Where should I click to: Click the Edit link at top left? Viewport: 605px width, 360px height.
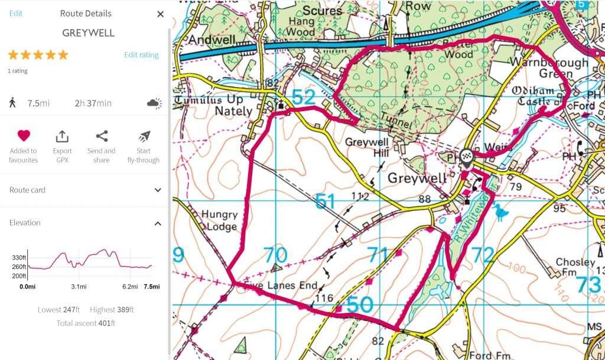(x=16, y=13)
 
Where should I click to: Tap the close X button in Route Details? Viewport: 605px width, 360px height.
(x=160, y=14)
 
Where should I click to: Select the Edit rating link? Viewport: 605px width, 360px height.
(x=141, y=55)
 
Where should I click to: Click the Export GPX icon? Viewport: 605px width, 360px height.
(x=62, y=137)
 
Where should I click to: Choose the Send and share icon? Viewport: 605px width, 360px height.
(x=102, y=137)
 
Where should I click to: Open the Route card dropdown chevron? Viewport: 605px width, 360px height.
(x=158, y=190)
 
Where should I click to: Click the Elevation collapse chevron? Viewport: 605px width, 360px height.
(x=158, y=223)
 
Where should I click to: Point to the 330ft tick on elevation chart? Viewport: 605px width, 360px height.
(x=19, y=258)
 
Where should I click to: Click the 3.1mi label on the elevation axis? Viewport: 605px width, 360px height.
(x=79, y=287)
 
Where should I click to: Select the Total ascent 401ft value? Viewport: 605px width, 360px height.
(x=86, y=323)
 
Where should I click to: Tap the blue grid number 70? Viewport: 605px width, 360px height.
(x=275, y=255)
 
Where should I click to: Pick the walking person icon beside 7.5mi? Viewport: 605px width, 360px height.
(x=12, y=103)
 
